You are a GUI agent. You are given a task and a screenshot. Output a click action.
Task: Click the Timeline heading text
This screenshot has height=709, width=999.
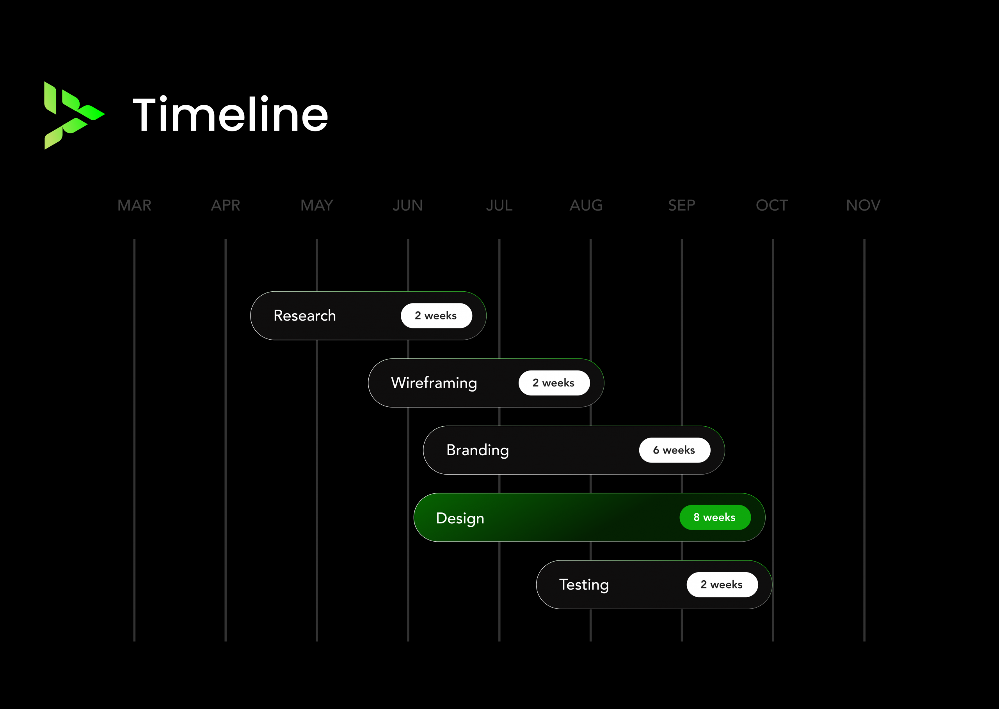[230, 114]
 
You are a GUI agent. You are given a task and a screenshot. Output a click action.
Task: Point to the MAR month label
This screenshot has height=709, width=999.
[134, 205]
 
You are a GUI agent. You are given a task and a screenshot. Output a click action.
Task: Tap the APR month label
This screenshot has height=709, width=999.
[226, 205]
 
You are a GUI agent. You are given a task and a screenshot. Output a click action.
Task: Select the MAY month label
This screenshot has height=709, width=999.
[317, 205]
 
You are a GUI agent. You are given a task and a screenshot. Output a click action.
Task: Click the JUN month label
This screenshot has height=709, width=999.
[407, 205]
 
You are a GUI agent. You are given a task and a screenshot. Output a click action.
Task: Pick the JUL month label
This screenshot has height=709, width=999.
[499, 205]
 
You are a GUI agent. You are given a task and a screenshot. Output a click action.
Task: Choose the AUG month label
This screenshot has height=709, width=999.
[586, 205]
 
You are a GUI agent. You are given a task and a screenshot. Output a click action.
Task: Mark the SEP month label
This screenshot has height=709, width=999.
[681, 205]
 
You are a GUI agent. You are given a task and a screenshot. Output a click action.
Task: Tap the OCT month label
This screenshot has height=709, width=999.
[772, 205]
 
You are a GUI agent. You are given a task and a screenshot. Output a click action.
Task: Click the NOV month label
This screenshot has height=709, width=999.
[863, 205]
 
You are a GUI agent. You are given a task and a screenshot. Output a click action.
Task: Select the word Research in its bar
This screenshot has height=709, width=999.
[304, 315]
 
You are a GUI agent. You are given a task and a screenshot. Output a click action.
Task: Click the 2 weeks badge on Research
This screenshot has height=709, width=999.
[436, 316]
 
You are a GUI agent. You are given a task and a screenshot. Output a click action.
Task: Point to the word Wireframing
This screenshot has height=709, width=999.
[434, 383]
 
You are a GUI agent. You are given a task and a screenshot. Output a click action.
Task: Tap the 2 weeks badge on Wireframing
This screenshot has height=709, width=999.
[554, 383]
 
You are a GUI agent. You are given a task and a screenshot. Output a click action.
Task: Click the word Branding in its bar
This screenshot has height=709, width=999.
[477, 450]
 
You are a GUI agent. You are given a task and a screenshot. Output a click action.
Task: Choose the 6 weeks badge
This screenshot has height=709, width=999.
[675, 450]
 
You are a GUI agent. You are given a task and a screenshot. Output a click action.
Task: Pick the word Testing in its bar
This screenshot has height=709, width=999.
[584, 585]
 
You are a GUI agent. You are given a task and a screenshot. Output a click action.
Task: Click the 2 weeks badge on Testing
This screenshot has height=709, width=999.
[722, 585]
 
